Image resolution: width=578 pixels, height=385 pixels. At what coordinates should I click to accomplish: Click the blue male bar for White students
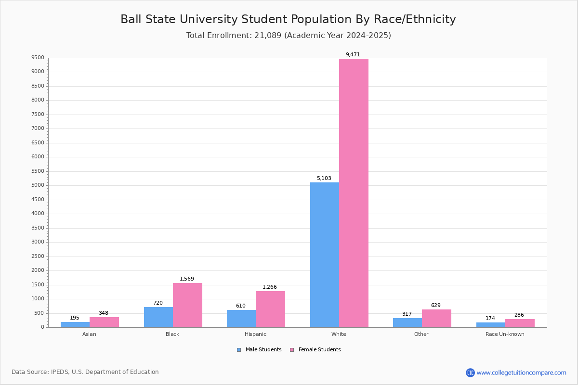click(324, 255)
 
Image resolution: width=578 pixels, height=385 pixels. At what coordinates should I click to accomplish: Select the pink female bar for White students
click(354, 192)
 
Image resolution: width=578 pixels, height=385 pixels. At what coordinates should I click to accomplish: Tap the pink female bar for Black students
click(187, 305)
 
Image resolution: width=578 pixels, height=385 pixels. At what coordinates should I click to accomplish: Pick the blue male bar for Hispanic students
click(241, 319)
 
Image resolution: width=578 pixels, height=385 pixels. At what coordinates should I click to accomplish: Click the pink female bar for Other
click(436, 318)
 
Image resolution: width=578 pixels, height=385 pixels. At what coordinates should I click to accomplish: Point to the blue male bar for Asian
click(75, 324)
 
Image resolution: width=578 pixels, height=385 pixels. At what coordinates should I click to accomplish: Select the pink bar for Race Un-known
click(520, 323)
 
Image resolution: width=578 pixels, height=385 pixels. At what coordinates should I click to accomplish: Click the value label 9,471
click(353, 54)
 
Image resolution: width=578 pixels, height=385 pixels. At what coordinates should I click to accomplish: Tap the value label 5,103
click(324, 178)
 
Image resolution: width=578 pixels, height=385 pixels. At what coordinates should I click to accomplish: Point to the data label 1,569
click(187, 279)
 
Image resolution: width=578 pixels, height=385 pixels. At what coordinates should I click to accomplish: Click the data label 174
click(490, 318)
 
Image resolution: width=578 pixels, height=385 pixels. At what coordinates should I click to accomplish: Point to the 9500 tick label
click(38, 58)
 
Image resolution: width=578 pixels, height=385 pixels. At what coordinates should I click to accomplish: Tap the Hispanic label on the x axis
click(255, 334)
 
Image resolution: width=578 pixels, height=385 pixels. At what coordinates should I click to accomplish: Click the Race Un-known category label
click(505, 334)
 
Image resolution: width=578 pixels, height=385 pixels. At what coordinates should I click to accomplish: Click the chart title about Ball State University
click(288, 19)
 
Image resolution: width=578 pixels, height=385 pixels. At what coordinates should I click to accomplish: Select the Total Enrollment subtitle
click(289, 36)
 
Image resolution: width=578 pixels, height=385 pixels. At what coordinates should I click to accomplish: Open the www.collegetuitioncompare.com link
click(521, 372)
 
